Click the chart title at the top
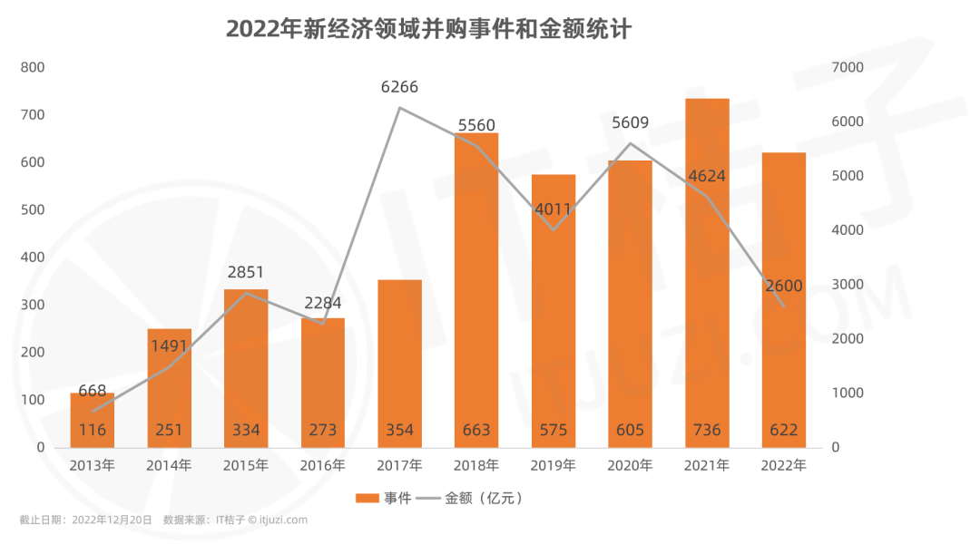click(x=428, y=29)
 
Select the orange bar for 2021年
click(x=707, y=272)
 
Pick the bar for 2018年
click(x=476, y=290)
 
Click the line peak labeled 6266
click(x=399, y=108)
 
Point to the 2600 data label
click(x=783, y=287)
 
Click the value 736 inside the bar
click(x=707, y=430)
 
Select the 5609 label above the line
click(x=630, y=123)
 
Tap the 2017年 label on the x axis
click(x=399, y=466)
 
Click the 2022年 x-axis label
click(x=784, y=466)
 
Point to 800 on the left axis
click(x=33, y=67)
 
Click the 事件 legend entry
click(x=384, y=498)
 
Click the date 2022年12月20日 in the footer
click(x=112, y=520)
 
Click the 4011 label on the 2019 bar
click(x=553, y=209)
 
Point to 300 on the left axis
click(x=33, y=305)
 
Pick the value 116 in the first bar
click(x=93, y=430)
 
